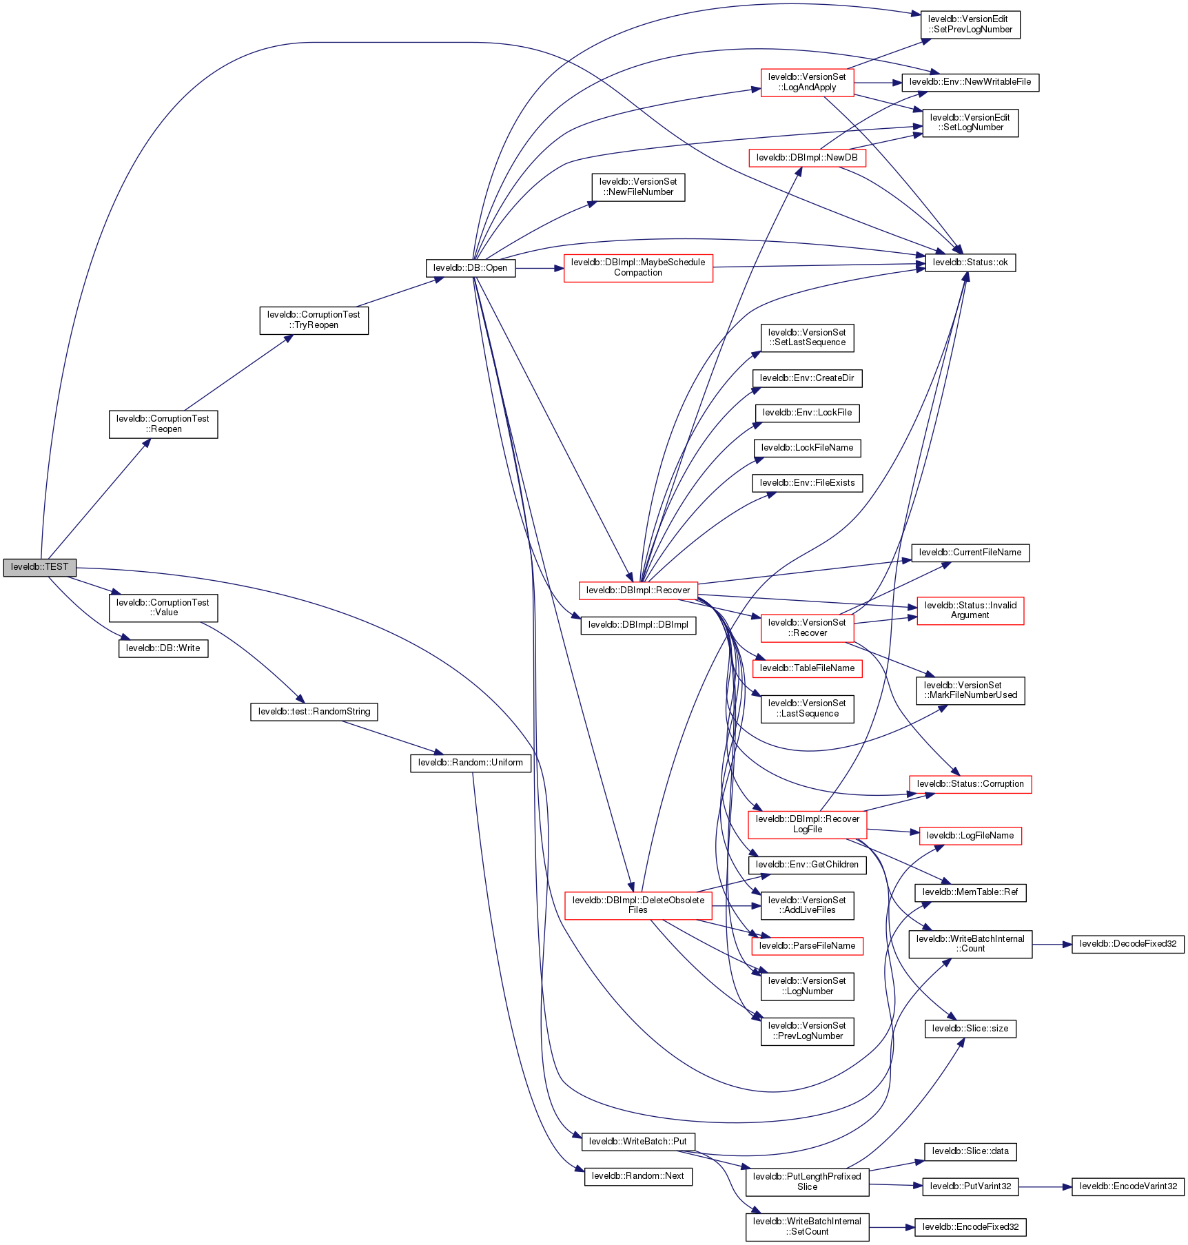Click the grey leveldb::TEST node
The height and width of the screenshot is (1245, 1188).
tap(39, 567)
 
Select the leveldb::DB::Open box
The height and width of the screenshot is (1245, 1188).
tap(470, 268)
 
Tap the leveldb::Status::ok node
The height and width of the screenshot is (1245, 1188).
tap(970, 263)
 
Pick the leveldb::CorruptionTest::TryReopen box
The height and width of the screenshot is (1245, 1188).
tap(314, 320)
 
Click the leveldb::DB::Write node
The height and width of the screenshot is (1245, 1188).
tap(163, 648)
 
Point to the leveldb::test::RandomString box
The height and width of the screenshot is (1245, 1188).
tap(314, 712)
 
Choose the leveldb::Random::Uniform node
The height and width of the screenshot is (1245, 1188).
tap(470, 763)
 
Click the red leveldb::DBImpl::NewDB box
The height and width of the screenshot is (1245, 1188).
tap(806, 158)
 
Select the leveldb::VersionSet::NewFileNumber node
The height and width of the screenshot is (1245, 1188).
tap(637, 187)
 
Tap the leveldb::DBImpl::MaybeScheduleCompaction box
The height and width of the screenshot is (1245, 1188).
tap(637, 267)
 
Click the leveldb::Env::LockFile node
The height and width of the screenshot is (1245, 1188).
tap(807, 413)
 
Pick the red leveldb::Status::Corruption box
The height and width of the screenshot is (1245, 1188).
tap(970, 784)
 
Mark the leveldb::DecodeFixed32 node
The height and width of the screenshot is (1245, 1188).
tap(1127, 944)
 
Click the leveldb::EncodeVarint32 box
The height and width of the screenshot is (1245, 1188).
tap(1127, 1186)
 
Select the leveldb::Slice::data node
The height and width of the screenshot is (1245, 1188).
tap(970, 1151)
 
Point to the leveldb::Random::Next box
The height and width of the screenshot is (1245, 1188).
tap(637, 1176)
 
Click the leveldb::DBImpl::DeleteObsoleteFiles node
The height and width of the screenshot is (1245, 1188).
tap(637, 905)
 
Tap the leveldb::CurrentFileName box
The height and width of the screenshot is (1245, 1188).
tap(970, 553)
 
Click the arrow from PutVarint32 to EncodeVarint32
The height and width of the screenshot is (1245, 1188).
tap(1045, 1187)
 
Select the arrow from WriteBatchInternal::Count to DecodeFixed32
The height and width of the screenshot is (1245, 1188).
tap(1052, 945)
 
